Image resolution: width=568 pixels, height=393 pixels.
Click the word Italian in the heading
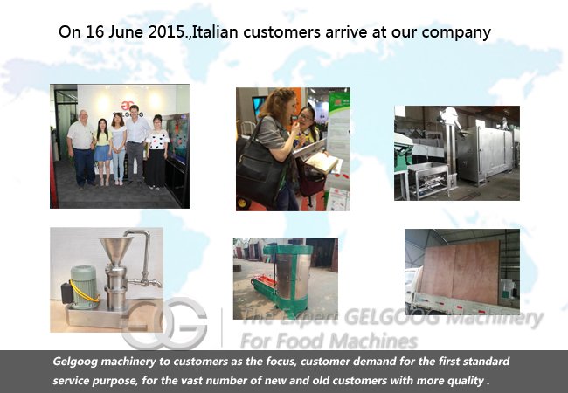(x=215, y=31)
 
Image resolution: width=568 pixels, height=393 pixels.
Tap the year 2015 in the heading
(x=167, y=31)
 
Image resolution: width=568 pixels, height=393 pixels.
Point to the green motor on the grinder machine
(x=84, y=286)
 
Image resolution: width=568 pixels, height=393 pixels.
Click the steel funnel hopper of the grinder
(x=115, y=251)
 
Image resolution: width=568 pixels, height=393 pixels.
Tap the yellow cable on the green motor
(x=84, y=293)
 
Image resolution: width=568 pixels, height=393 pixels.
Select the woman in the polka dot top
(x=156, y=151)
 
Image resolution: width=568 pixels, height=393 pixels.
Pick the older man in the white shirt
(x=82, y=148)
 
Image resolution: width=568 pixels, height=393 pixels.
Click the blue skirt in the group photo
(x=102, y=153)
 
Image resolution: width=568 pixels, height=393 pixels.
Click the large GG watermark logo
(x=165, y=323)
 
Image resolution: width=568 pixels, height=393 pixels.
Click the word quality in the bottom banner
(x=468, y=381)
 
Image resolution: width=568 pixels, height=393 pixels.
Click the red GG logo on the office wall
(x=128, y=107)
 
